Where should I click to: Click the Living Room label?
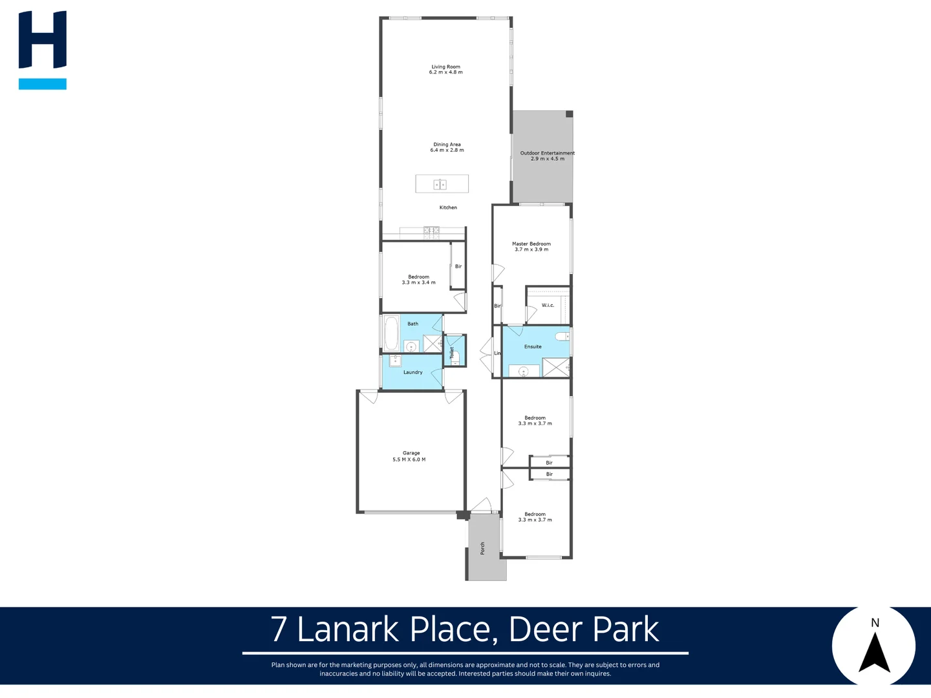pos(446,69)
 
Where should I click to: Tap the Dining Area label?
pos(447,147)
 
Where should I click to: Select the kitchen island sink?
pos(440,185)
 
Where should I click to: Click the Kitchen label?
pos(448,207)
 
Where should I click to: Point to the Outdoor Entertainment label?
pos(547,156)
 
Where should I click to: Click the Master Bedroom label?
pos(531,246)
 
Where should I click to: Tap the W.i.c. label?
pos(548,305)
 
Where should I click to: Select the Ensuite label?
pos(533,347)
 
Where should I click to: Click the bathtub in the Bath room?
pos(391,333)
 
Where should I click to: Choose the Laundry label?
pos(412,372)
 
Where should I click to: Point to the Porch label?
pos(482,548)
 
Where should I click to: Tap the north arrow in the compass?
pos(874,653)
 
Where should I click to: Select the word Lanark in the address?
pos(348,629)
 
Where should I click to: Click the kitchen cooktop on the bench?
pos(431,230)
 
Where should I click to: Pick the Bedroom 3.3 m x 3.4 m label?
pos(418,280)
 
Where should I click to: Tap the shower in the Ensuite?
pos(555,367)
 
